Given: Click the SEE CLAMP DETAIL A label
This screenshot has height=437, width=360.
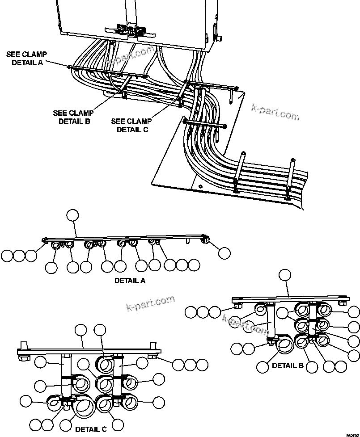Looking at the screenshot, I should pos(27,58).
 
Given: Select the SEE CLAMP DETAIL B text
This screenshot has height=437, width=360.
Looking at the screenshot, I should pos(73,117).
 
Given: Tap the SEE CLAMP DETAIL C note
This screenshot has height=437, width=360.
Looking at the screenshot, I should pos(131,125).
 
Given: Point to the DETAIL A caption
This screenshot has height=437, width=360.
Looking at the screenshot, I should pos(130,281).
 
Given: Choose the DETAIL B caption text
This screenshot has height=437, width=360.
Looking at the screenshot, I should pos(288,366).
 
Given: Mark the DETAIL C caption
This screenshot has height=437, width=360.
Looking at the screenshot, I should pos(91,429).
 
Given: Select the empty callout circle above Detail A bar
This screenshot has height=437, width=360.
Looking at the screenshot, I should pos(72,215).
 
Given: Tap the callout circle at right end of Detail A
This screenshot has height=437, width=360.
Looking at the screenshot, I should pos(224,253).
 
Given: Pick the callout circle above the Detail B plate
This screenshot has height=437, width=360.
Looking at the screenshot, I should pos(285,275).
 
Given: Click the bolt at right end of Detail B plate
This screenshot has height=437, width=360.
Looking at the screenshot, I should pos(342,303).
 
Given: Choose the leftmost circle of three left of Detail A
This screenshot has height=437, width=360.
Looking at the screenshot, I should pos(7,256).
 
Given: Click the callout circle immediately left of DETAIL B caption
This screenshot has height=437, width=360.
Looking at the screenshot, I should pos(263,367).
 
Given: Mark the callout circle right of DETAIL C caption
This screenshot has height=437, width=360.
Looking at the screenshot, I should pos(117,424).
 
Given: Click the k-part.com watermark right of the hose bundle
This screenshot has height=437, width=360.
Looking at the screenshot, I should pos(276,113).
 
